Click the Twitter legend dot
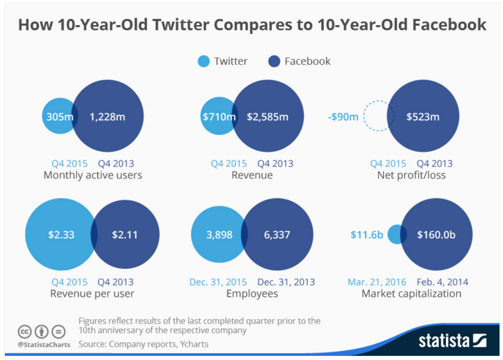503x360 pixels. [x=203, y=61]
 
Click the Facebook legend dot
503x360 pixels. [x=274, y=61]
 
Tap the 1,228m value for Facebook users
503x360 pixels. [x=107, y=116]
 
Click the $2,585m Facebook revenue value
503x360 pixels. [x=267, y=116]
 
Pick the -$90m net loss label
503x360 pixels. [x=343, y=116]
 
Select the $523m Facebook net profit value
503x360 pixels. [x=423, y=116]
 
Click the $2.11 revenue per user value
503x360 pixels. [x=125, y=235]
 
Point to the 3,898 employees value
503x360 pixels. [x=219, y=235]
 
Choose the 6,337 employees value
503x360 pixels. [x=277, y=235]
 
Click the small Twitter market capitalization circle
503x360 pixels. [x=396, y=235]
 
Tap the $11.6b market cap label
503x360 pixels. [x=366, y=235]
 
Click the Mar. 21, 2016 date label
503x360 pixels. [x=378, y=282]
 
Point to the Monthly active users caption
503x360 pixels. [x=93, y=175]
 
